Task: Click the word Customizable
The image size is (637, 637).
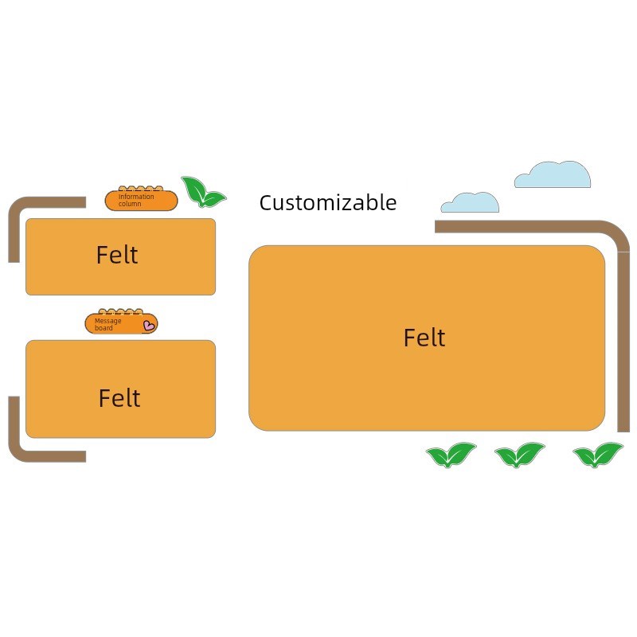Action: [328, 203]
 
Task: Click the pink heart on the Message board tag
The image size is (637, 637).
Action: [149, 326]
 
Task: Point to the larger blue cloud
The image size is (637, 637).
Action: [553, 174]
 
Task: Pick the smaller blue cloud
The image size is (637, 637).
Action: [470, 203]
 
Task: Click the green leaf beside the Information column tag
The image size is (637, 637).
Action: [203, 192]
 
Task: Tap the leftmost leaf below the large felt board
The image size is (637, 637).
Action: [451, 455]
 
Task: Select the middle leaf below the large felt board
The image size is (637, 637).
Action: [520, 455]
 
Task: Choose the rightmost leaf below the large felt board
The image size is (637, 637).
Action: [598, 455]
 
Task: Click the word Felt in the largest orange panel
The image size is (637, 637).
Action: [424, 338]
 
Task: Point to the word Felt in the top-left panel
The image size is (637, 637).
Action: [117, 255]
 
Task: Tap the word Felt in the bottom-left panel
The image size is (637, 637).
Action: [119, 397]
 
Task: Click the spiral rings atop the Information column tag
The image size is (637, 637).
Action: [141, 189]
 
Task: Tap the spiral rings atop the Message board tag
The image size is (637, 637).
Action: [121, 312]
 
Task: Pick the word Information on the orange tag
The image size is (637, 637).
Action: [136, 197]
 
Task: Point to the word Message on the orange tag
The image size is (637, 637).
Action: [107, 321]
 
